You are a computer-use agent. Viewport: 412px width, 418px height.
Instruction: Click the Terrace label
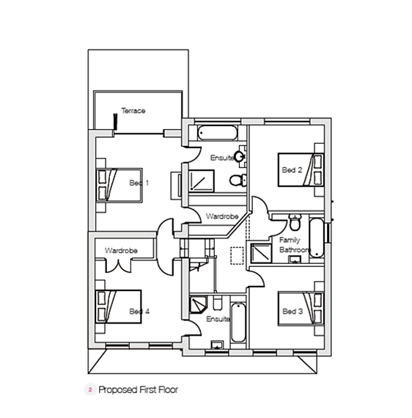[x=133, y=111]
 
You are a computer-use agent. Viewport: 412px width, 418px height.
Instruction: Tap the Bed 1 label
[x=139, y=183]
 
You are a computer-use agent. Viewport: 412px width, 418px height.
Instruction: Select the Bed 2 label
[x=293, y=170]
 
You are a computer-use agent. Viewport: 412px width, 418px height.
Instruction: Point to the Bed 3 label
[x=293, y=312]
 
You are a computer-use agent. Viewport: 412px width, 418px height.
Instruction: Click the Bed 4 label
[x=139, y=312]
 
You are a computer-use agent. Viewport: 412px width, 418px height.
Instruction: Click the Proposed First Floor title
[x=138, y=390]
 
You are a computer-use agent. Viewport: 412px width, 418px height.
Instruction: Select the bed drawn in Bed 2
[x=301, y=170]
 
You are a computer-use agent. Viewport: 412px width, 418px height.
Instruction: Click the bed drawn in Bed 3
[x=301, y=312]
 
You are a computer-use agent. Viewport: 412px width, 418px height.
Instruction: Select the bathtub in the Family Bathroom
[x=317, y=238]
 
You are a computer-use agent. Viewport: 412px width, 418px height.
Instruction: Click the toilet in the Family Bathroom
[x=295, y=221]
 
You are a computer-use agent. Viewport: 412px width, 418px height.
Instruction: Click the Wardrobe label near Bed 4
[x=121, y=251]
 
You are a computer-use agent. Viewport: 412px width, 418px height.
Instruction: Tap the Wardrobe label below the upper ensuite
[x=221, y=217]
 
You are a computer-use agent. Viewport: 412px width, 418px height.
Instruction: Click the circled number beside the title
[x=89, y=390]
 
